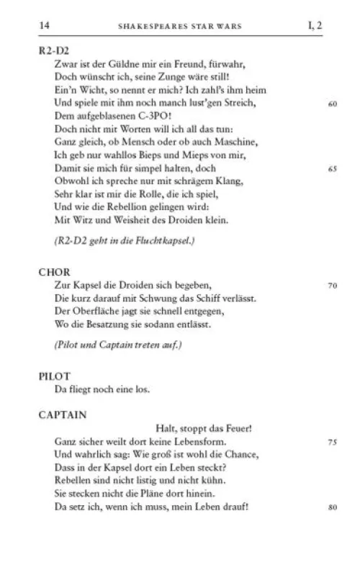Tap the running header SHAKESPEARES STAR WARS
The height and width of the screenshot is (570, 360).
pyautogui.click(x=179, y=26)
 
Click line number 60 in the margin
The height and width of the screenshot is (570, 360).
pyautogui.click(x=332, y=104)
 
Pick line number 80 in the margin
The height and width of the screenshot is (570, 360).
pyautogui.click(x=332, y=507)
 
